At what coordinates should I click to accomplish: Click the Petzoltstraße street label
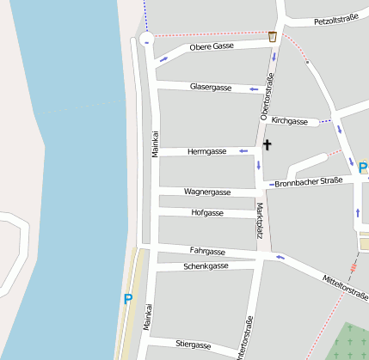[x=335, y=20]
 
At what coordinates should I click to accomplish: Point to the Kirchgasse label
[x=289, y=121]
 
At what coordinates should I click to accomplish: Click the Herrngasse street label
[x=206, y=151]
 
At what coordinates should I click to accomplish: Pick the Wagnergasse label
[x=207, y=192]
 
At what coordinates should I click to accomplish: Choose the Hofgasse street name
[x=207, y=212]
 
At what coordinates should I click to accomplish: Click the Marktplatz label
[x=260, y=220]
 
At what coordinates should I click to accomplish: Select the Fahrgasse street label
[x=207, y=252]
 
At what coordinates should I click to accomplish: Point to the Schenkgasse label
[x=206, y=266]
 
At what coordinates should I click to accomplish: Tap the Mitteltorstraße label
[x=344, y=288]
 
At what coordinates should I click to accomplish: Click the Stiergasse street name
[x=193, y=345]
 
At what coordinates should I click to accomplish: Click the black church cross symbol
[x=267, y=145]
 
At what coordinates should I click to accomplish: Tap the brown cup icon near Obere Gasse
[x=273, y=36]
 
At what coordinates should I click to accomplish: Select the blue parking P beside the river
[x=128, y=300]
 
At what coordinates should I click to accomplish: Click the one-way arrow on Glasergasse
[x=253, y=88]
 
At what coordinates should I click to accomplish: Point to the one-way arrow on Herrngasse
[x=243, y=151]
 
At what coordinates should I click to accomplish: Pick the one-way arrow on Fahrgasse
[x=279, y=256]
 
